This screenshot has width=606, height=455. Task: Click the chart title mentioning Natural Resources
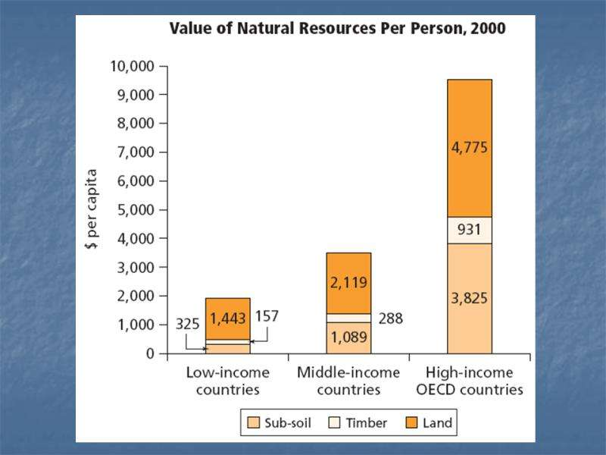[x=337, y=30]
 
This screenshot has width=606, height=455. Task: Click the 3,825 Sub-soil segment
[x=470, y=298]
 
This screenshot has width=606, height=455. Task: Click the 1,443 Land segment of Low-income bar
[x=227, y=318]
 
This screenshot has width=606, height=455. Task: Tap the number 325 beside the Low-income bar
[x=188, y=324]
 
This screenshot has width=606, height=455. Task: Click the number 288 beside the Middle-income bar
[x=389, y=318]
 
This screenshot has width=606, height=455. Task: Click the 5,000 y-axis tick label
[x=137, y=210]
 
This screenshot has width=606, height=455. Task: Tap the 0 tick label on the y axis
[x=150, y=353]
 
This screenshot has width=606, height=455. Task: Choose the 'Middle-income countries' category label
[x=348, y=381]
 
